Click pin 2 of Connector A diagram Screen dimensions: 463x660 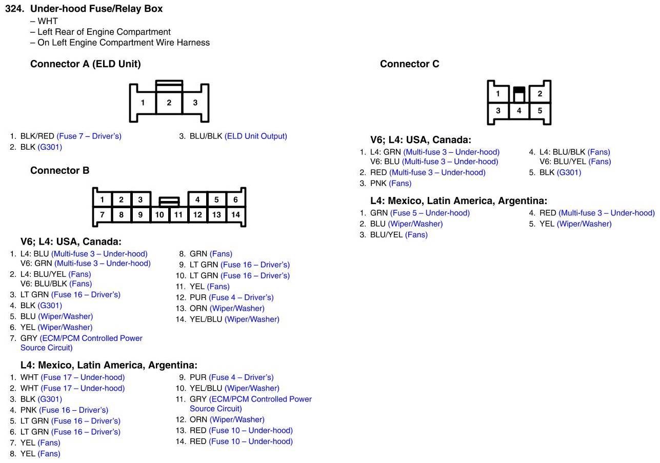pos(169,103)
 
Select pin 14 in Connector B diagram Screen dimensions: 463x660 pos(235,215)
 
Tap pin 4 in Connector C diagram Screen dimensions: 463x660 pos(519,111)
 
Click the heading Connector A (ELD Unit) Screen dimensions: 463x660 pos(85,64)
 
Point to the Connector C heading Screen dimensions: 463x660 pos(409,64)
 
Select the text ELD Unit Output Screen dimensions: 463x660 pos(256,136)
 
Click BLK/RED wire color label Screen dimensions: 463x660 pos(37,136)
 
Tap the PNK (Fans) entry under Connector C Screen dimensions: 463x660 pos(391,184)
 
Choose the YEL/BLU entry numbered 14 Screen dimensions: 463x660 pos(234,319)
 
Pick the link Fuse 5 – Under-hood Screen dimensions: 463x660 pos(430,213)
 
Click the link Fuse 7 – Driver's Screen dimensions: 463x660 pos(89,136)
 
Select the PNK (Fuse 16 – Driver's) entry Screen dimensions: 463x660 pos(64,410)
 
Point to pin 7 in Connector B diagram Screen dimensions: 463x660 pos(102,215)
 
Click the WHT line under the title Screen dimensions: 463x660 pos(47,21)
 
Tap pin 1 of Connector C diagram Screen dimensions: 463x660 pos(498,94)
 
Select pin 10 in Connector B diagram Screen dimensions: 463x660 pos(159,215)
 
